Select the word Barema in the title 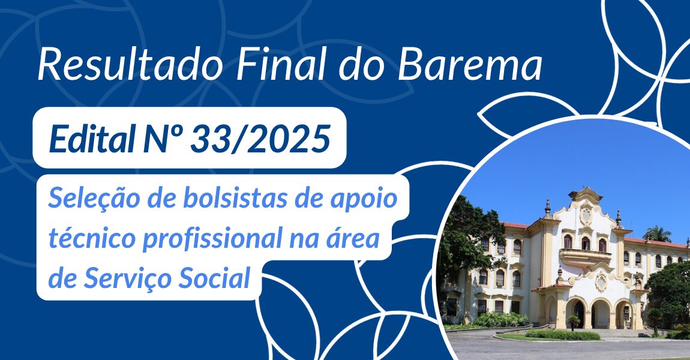pos(470,65)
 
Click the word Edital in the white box pos(92,138)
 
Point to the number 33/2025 pos(260,139)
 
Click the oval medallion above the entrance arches pos(601,281)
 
